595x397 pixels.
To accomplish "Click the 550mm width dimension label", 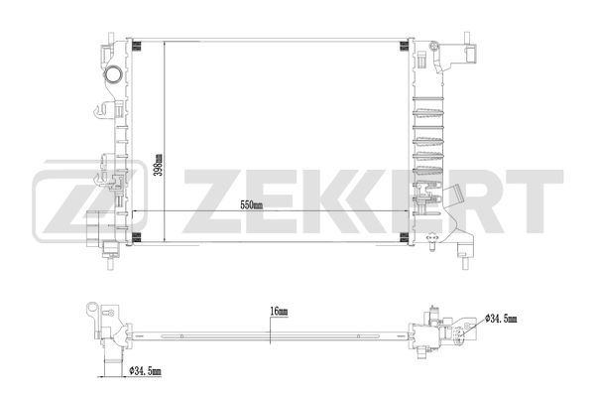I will (251, 206).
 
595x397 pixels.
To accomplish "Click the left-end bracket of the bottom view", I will (99, 318).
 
